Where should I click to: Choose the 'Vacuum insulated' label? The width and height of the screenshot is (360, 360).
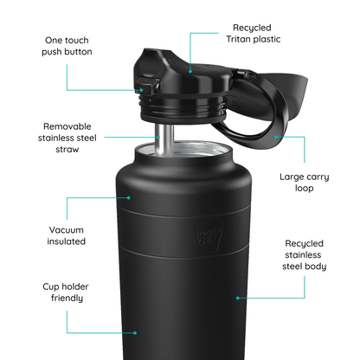coord(67,235)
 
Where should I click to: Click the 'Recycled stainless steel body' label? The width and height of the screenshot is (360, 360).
coord(304,255)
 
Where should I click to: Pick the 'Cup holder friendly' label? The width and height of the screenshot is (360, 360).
coord(66,291)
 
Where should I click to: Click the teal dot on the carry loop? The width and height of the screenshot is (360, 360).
coord(275,135)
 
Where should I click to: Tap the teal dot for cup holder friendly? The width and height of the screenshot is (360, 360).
coord(134,331)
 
